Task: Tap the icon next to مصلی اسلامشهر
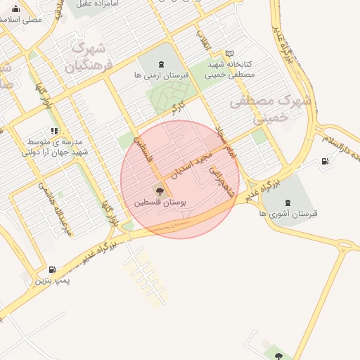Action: click(15, 8)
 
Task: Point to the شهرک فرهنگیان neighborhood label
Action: click(89, 57)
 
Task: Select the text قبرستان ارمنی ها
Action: click(159, 74)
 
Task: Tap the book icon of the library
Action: click(229, 53)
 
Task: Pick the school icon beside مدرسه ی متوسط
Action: click(54, 131)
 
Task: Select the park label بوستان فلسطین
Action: click(162, 202)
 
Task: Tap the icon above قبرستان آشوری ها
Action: click(288, 202)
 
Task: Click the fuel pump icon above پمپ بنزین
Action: click(53, 269)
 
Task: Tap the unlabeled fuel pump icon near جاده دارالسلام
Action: click(324, 161)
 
